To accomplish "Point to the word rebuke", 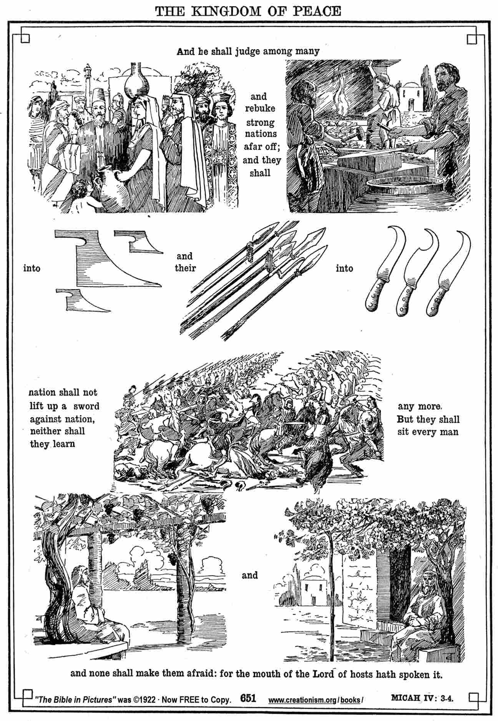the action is [x=260, y=109].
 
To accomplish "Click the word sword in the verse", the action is [x=86, y=406].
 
